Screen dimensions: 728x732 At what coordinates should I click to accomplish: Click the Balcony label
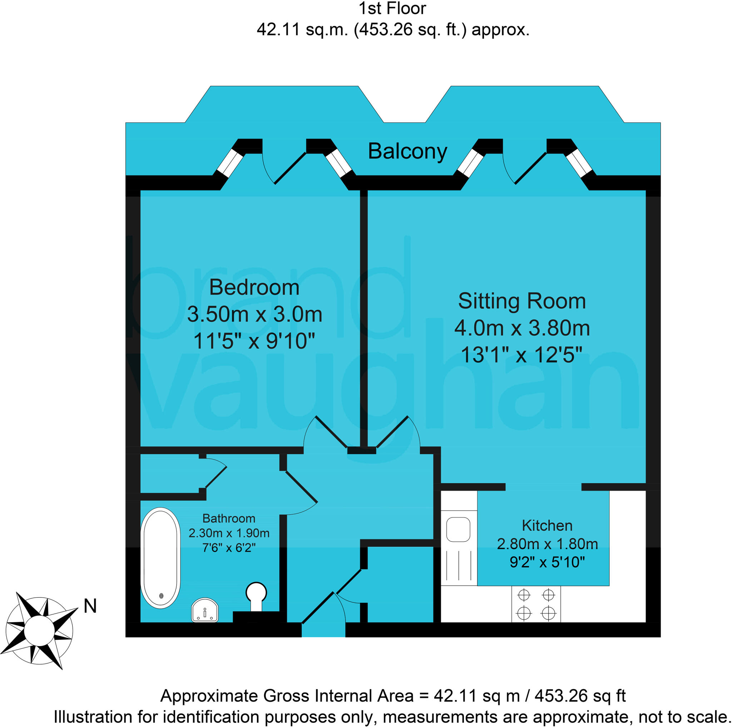point(407,152)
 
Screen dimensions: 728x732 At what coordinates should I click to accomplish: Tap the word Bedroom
point(254,287)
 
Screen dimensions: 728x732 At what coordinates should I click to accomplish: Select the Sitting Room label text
point(522,301)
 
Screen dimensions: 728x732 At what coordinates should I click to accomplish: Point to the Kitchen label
point(547,526)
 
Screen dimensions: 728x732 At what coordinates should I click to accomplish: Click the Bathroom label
point(229,518)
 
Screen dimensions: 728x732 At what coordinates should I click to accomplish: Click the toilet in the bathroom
point(256,594)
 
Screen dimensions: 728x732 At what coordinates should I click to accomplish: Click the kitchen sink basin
point(458,529)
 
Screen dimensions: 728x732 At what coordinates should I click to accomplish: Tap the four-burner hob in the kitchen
point(536,604)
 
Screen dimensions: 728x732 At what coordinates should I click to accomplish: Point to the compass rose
point(39,631)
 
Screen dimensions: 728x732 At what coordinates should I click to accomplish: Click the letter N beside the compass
point(90,606)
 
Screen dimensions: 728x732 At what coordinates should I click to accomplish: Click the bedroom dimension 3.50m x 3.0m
point(254,315)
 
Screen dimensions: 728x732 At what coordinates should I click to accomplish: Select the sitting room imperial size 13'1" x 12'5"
point(521,355)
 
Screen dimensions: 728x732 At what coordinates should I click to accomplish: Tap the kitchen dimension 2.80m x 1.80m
point(547,544)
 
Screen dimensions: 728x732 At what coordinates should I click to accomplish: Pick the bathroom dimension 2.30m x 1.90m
point(229,533)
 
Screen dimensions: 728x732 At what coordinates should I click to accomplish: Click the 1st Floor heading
point(392,8)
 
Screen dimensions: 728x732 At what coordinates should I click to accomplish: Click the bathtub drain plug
point(161,596)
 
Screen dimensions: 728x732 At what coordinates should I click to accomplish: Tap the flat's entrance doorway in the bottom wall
point(323,630)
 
